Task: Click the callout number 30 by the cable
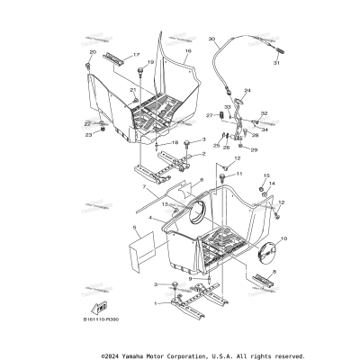212,40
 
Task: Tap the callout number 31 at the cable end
276,63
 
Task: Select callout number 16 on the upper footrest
188,52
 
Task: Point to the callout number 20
92,53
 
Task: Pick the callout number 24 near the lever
248,91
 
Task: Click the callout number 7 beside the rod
144,188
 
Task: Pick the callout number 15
266,175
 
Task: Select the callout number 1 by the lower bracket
157,303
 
